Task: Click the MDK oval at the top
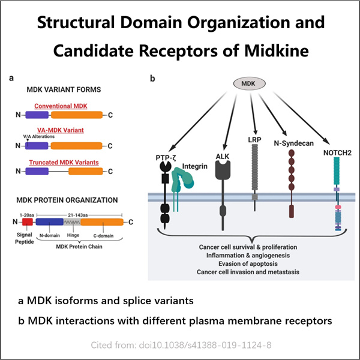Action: tap(253, 82)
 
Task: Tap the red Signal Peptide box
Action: tap(26, 221)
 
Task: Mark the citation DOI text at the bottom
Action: tap(179, 346)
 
